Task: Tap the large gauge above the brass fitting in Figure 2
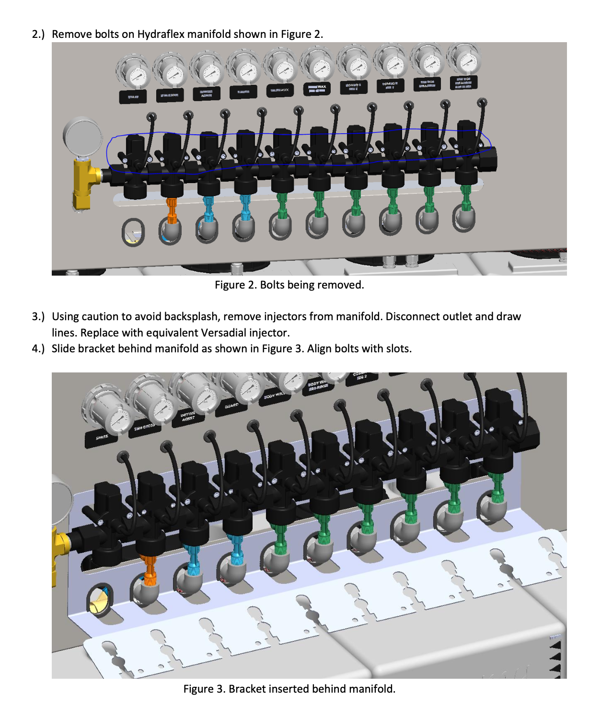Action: pyautogui.click(x=83, y=136)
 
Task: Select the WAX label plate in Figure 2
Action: pyautogui.click(x=317, y=89)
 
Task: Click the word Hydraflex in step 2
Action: pyautogui.click(x=161, y=34)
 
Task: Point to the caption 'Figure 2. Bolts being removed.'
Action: pyautogui.click(x=289, y=285)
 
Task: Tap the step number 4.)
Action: pyautogui.click(x=38, y=348)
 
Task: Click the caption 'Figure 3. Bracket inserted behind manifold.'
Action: pyautogui.click(x=289, y=689)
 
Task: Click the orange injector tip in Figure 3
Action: pyautogui.click(x=150, y=570)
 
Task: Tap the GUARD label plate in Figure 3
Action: pyautogui.click(x=231, y=406)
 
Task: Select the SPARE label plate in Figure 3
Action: pyautogui.click(x=102, y=437)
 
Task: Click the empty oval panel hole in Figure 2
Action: pyautogui.click(x=133, y=232)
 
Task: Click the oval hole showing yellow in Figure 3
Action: pyautogui.click(x=99, y=599)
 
